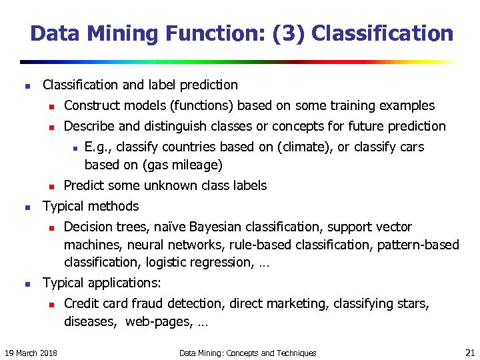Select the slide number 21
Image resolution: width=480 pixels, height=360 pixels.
click(x=469, y=352)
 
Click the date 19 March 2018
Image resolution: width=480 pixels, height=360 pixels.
click(x=31, y=353)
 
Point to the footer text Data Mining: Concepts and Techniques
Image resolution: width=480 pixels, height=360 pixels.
click(x=247, y=353)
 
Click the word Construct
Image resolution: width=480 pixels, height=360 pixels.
click(x=89, y=105)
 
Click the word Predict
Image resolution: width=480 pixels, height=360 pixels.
click(x=85, y=185)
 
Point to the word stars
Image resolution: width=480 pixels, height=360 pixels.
click(x=412, y=304)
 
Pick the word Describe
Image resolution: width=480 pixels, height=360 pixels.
click(x=89, y=126)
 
